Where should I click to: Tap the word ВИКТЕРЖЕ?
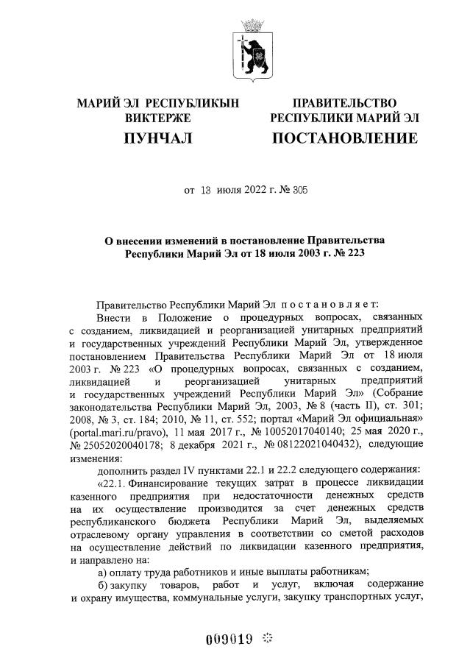(158, 118)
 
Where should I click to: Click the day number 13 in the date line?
(206, 190)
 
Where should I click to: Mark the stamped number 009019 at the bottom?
(228, 638)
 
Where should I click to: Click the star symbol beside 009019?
(267, 637)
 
